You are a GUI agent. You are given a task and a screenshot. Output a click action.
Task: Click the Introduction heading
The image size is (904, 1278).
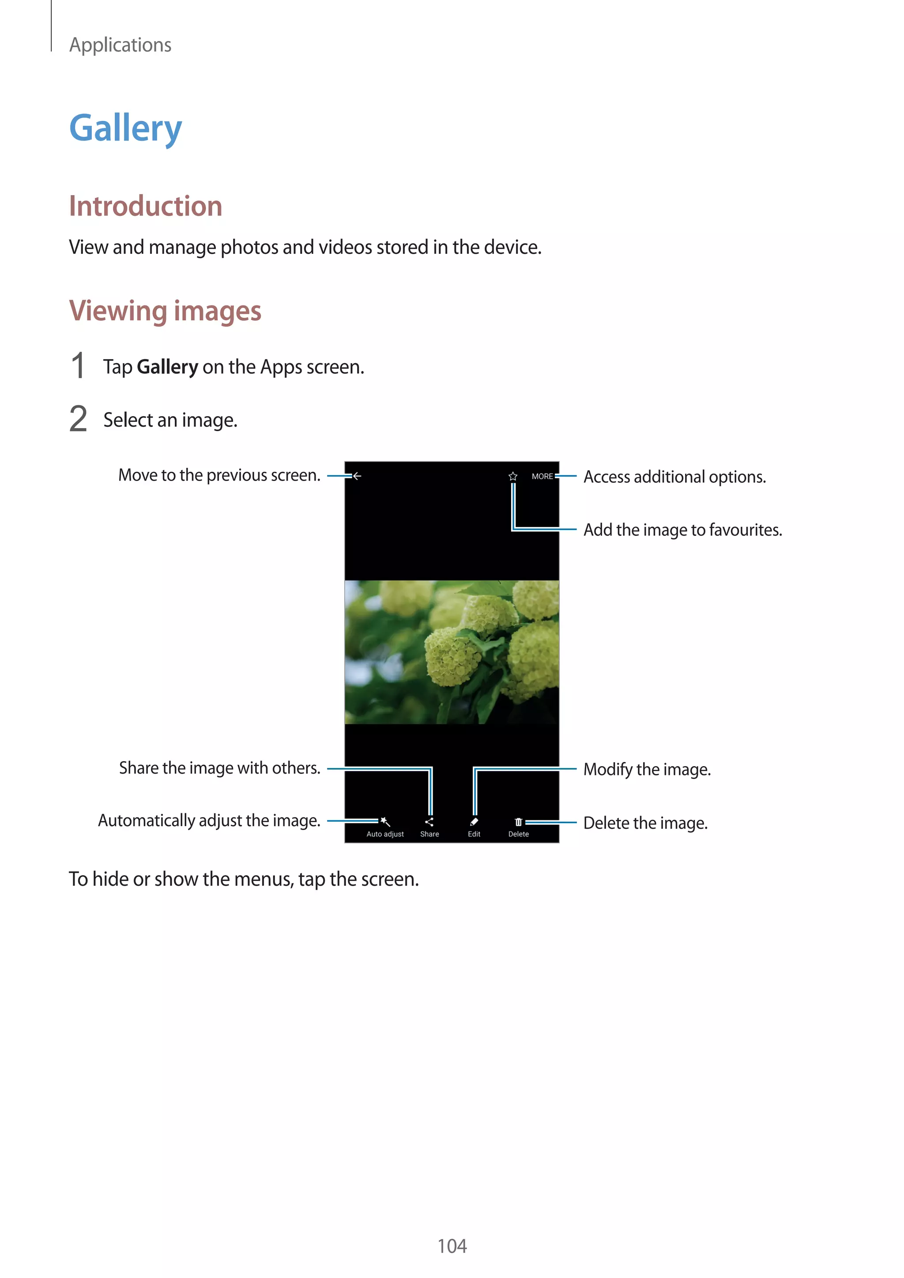[x=145, y=206]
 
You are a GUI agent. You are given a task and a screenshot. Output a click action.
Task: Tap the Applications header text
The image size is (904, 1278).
[x=120, y=45]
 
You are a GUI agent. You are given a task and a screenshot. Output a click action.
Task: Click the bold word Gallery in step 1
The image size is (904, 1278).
[x=167, y=367]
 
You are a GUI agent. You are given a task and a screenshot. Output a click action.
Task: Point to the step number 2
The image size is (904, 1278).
[x=79, y=419]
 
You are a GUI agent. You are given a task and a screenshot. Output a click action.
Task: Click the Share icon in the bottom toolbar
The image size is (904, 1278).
[x=429, y=822]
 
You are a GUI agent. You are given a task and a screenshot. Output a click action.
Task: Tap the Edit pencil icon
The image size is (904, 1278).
[x=474, y=822]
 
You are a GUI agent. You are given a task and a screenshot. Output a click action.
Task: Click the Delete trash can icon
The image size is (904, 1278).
[x=518, y=822]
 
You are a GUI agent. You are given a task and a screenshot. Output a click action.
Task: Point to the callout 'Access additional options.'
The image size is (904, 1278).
[x=674, y=477]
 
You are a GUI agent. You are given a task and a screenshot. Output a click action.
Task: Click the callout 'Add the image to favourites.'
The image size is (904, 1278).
[x=682, y=530]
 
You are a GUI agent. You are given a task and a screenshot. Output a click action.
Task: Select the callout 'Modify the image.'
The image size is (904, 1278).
[x=647, y=769]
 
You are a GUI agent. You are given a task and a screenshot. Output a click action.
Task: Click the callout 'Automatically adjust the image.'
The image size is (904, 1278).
[x=209, y=820]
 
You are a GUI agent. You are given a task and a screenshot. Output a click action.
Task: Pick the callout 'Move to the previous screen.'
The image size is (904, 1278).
[x=219, y=475]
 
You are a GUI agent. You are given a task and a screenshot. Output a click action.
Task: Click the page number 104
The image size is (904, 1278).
[x=452, y=1246]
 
